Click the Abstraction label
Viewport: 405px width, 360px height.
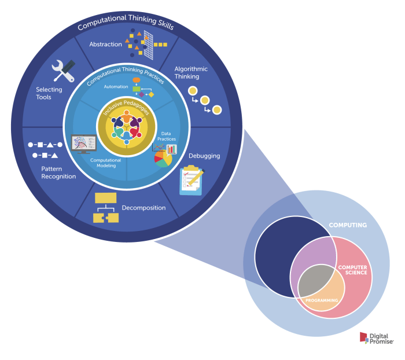point(105,44)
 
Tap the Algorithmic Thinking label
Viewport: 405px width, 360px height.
point(191,72)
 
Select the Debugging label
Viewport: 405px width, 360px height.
point(204,156)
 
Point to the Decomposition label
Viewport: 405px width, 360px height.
point(143,208)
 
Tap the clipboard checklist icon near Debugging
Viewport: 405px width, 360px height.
point(190,179)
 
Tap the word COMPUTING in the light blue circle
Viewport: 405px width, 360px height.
point(348,225)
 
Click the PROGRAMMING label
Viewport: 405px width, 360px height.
point(321,300)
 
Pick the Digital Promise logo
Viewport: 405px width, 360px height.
point(375,338)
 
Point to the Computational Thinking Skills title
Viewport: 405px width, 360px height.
point(126,23)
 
